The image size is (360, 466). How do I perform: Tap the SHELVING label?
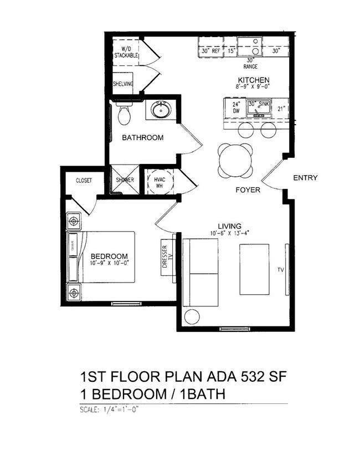point(123,84)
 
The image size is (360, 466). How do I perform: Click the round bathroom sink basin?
point(161,110)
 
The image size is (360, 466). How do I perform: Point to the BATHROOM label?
point(143,137)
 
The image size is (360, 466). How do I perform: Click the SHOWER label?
point(125,180)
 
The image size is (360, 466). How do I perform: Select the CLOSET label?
point(84,181)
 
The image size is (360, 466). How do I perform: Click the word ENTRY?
point(305,178)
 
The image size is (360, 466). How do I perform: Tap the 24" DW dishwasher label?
point(235,107)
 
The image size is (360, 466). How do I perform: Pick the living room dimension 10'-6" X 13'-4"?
point(229,233)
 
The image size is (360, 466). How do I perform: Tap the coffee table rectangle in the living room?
point(254,269)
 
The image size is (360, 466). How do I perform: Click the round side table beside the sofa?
point(192,317)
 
